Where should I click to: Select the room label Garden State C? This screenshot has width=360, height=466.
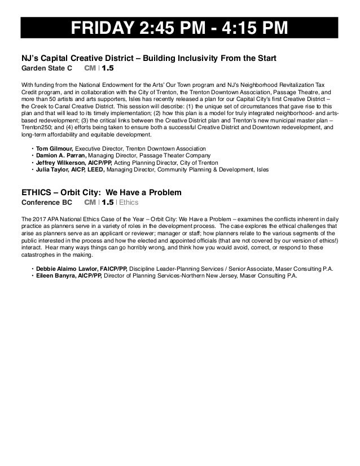(47, 68)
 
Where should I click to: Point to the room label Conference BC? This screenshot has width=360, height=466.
(46, 202)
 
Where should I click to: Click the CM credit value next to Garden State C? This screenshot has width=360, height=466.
(108, 68)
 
